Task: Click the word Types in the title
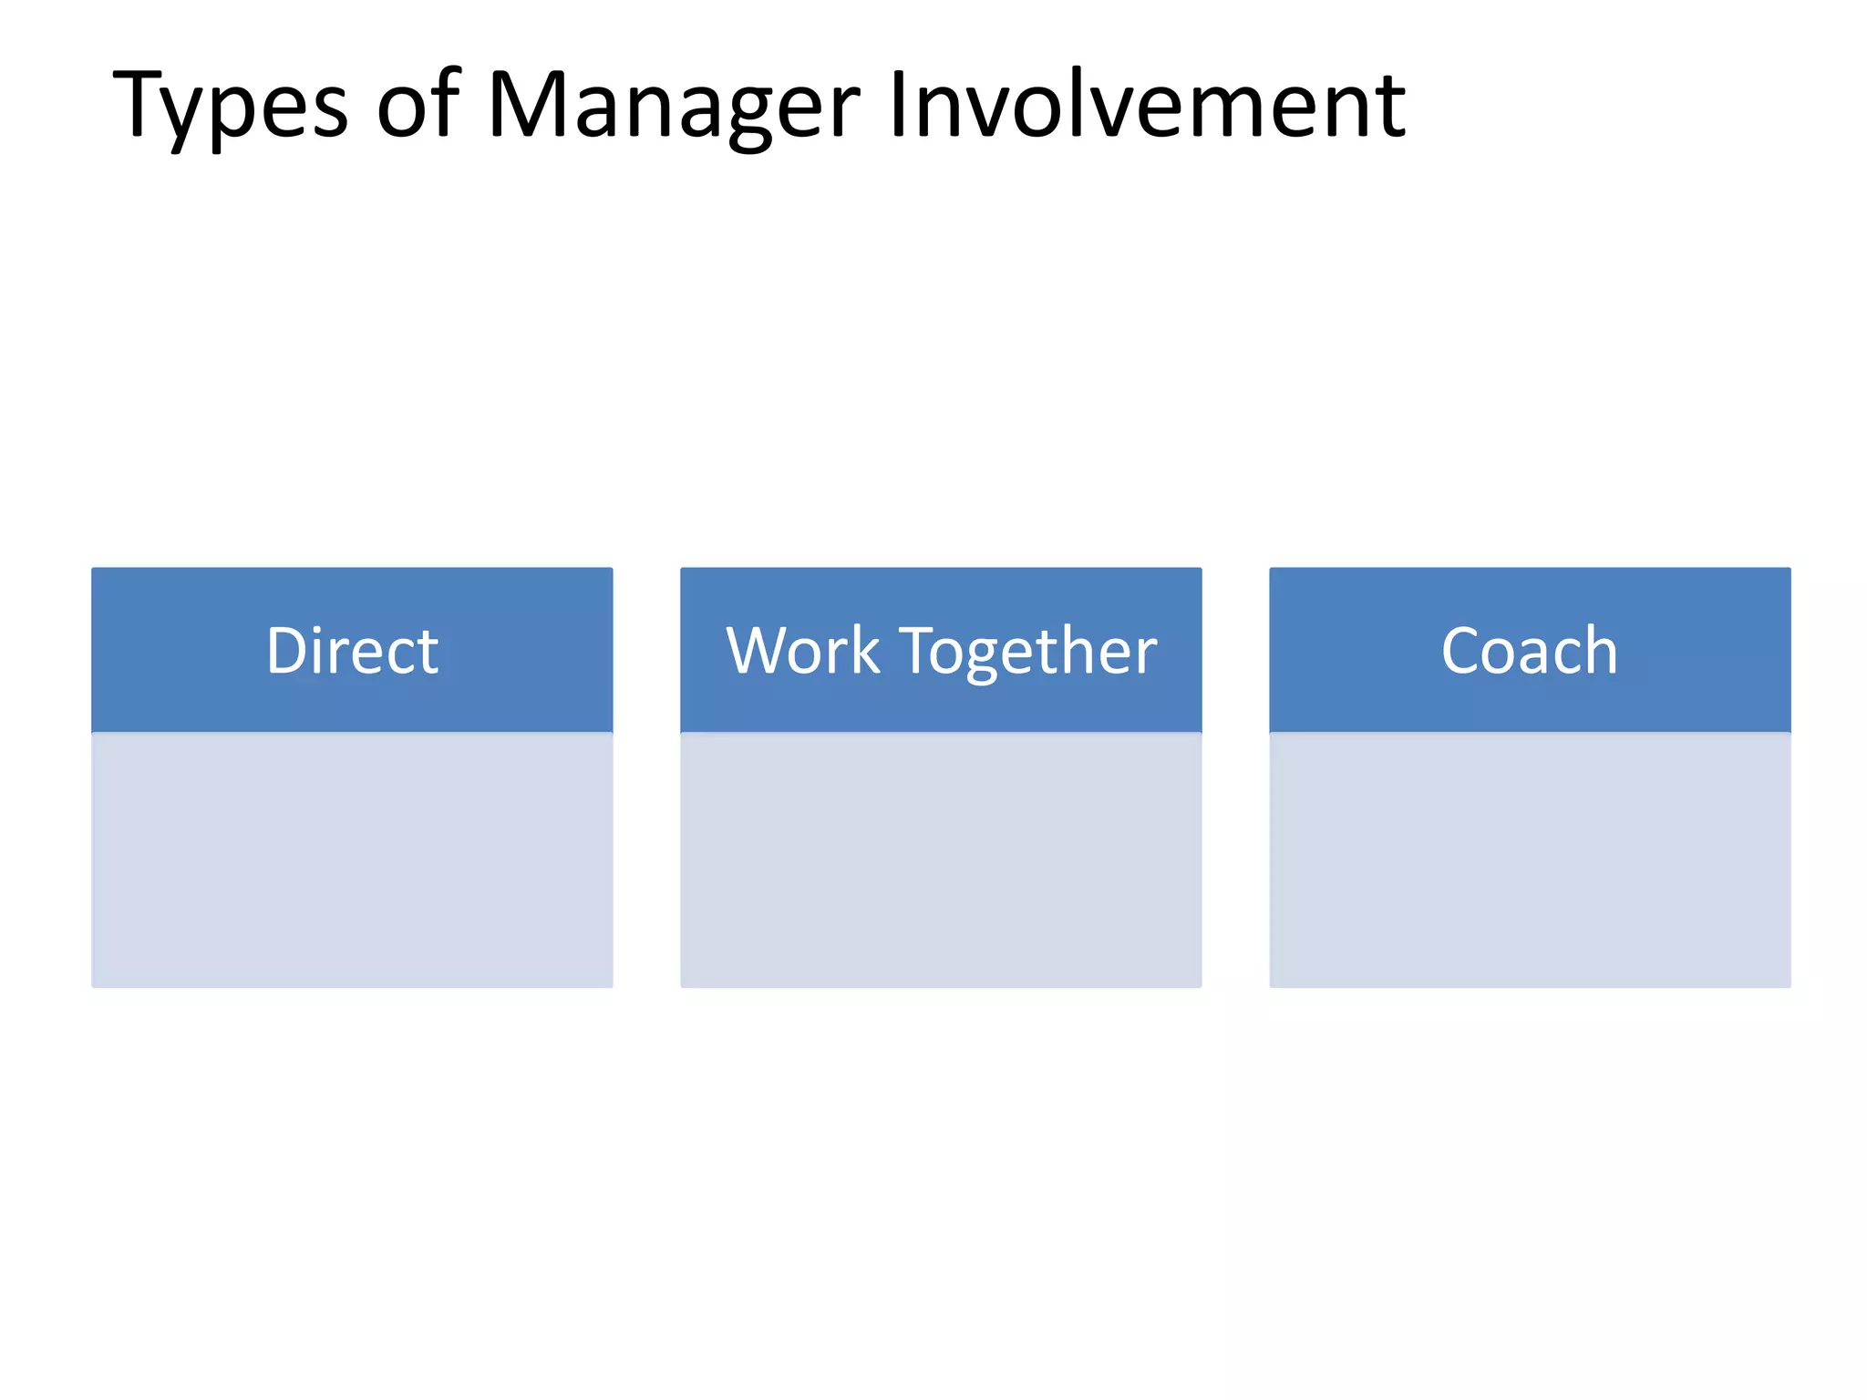point(230,108)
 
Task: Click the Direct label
point(352,651)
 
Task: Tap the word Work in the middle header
point(802,651)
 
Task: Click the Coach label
point(1529,651)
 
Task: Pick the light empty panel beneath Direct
point(352,860)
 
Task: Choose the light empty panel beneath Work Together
point(941,860)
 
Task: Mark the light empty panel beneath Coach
point(1530,860)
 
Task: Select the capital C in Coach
point(1465,651)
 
